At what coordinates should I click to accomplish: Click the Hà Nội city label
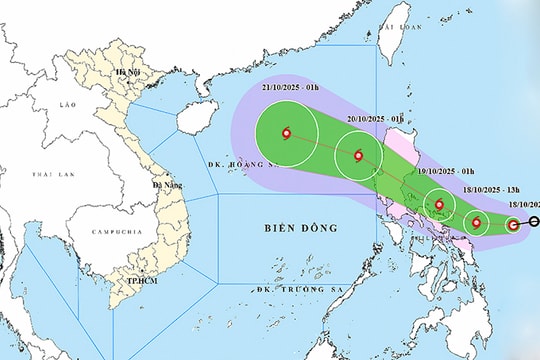click(x=127, y=73)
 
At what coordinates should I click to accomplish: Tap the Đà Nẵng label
click(x=163, y=185)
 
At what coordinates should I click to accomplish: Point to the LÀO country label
click(x=67, y=104)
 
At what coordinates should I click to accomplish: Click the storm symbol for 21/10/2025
click(x=287, y=133)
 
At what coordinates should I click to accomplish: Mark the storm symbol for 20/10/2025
click(x=359, y=156)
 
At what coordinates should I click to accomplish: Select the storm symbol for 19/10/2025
click(x=439, y=206)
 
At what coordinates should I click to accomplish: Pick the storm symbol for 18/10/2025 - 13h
click(x=477, y=223)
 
